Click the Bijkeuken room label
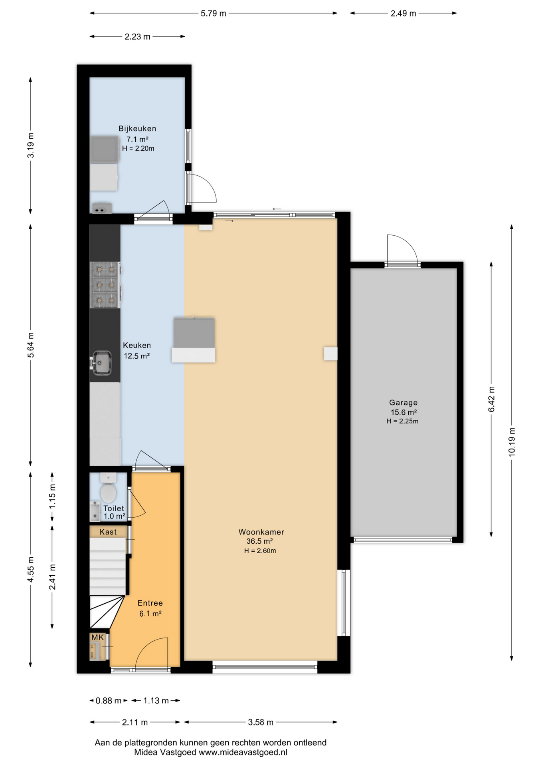[x=137, y=129]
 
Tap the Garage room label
[x=403, y=403]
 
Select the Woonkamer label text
[x=261, y=532]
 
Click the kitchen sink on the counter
[x=101, y=363]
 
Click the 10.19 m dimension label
[x=512, y=441]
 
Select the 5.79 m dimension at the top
[x=214, y=14]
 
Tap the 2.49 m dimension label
[x=404, y=14]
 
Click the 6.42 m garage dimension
[x=491, y=399]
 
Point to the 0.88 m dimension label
[x=109, y=701]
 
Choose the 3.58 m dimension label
[x=261, y=722]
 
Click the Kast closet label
[x=108, y=532]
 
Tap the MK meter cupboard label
[x=97, y=638]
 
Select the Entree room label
[x=150, y=603]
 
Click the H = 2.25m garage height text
[x=402, y=421]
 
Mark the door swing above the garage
[x=402, y=248]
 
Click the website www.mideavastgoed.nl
[x=243, y=752]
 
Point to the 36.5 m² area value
[x=259, y=541]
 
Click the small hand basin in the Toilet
[x=95, y=511]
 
